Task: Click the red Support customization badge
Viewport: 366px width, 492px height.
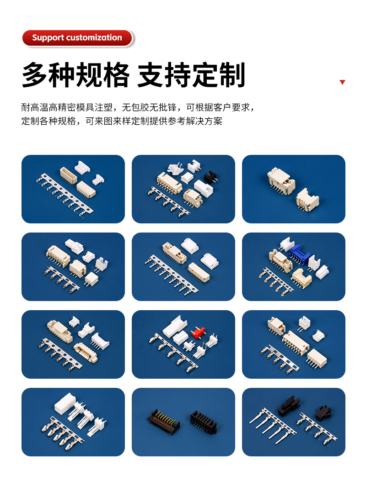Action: [x=77, y=38]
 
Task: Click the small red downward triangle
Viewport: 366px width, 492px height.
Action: [x=342, y=82]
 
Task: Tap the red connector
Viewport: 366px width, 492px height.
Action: [x=198, y=333]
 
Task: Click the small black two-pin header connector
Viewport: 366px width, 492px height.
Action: [x=210, y=177]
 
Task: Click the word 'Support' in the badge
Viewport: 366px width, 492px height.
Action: [x=48, y=37]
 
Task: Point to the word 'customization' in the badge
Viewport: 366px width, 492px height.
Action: [x=94, y=37]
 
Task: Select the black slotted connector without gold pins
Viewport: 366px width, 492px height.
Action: [x=204, y=421]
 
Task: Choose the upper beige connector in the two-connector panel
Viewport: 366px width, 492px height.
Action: [x=281, y=181]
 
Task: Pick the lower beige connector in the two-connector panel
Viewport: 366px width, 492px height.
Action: [x=307, y=199]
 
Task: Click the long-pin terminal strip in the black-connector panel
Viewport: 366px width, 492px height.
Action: [x=273, y=425]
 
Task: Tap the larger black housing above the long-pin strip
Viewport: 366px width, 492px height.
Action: [x=288, y=404]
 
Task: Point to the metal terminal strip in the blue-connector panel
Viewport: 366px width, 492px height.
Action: [x=276, y=281]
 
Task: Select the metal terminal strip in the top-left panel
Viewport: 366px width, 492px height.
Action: [x=65, y=195]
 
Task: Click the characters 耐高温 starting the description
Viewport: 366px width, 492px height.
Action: [x=35, y=108]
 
